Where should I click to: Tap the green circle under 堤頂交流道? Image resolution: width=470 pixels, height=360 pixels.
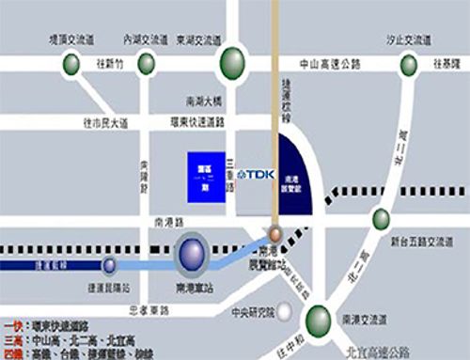click(x=71, y=64)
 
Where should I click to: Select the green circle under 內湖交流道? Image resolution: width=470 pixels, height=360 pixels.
click(x=146, y=63)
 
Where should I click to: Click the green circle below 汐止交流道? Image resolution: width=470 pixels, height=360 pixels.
click(x=408, y=64)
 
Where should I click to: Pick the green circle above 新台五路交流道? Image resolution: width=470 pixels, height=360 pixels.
click(x=381, y=218)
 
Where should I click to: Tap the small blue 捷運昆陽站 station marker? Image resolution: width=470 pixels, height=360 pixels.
click(x=110, y=265)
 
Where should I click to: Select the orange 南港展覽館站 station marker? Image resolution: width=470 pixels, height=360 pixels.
click(x=274, y=233)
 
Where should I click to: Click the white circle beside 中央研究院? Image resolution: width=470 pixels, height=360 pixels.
click(x=298, y=312)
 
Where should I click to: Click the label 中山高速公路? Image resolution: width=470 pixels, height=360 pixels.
click(x=329, y=64)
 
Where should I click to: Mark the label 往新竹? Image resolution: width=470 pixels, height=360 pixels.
click(x=108, y=64)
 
